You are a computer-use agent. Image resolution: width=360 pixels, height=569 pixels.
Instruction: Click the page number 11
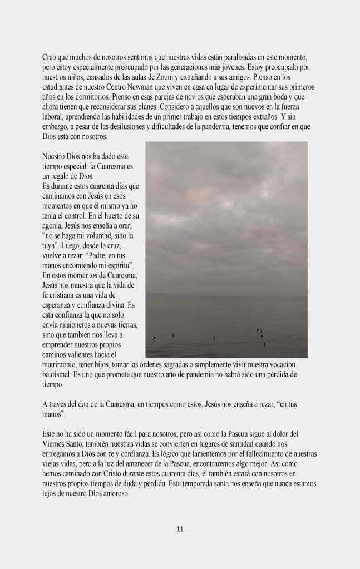pyautogui.click(x=180, y=529)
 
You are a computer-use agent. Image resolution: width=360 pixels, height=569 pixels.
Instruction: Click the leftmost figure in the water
pyautogui.click(x=154, y=337)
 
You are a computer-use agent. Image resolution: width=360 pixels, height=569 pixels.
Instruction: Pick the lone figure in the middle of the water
pyautogui.click(x=214, y=338)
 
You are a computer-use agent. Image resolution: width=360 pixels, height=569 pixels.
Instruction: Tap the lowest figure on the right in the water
pyautogui.click(x=264, y=345)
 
